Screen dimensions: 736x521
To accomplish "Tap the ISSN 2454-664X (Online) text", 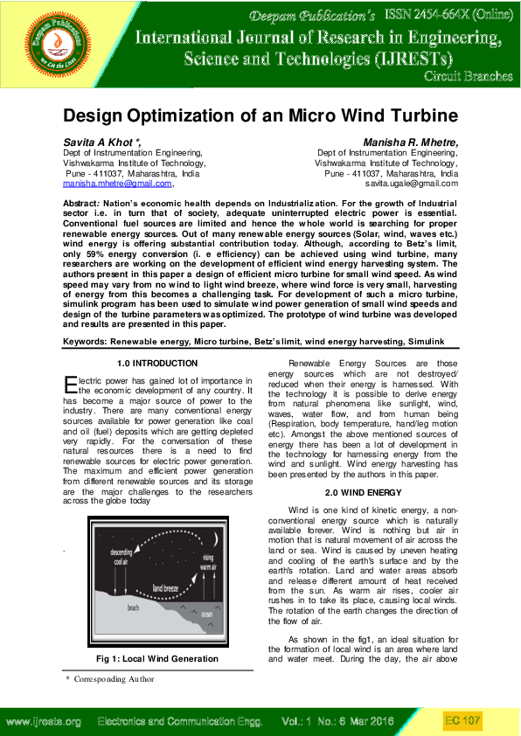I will (x=447, y=15).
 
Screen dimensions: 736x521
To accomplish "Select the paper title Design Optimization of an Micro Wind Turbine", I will (x=260, y=115).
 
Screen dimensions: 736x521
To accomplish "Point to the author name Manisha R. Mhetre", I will (x=411, y=142).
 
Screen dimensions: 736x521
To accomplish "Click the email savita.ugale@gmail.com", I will (x=411, y=184).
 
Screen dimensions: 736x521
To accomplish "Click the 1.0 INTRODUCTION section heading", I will (x=157, y=363).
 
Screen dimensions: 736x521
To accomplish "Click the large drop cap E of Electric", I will (x=71, y=384).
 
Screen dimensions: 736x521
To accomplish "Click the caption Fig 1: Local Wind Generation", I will (x=157, y=658).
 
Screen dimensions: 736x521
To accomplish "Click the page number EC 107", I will (x=463, y=720).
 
